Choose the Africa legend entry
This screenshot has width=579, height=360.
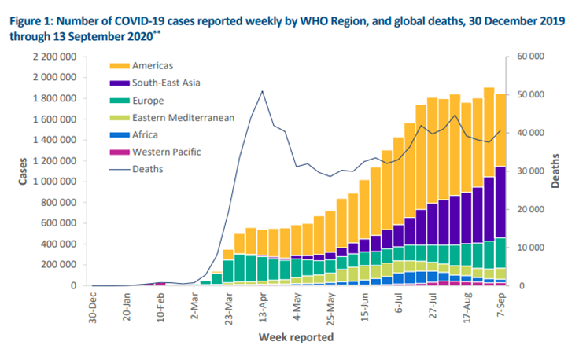coord(148,134)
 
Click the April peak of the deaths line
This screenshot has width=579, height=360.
coord(262,91)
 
